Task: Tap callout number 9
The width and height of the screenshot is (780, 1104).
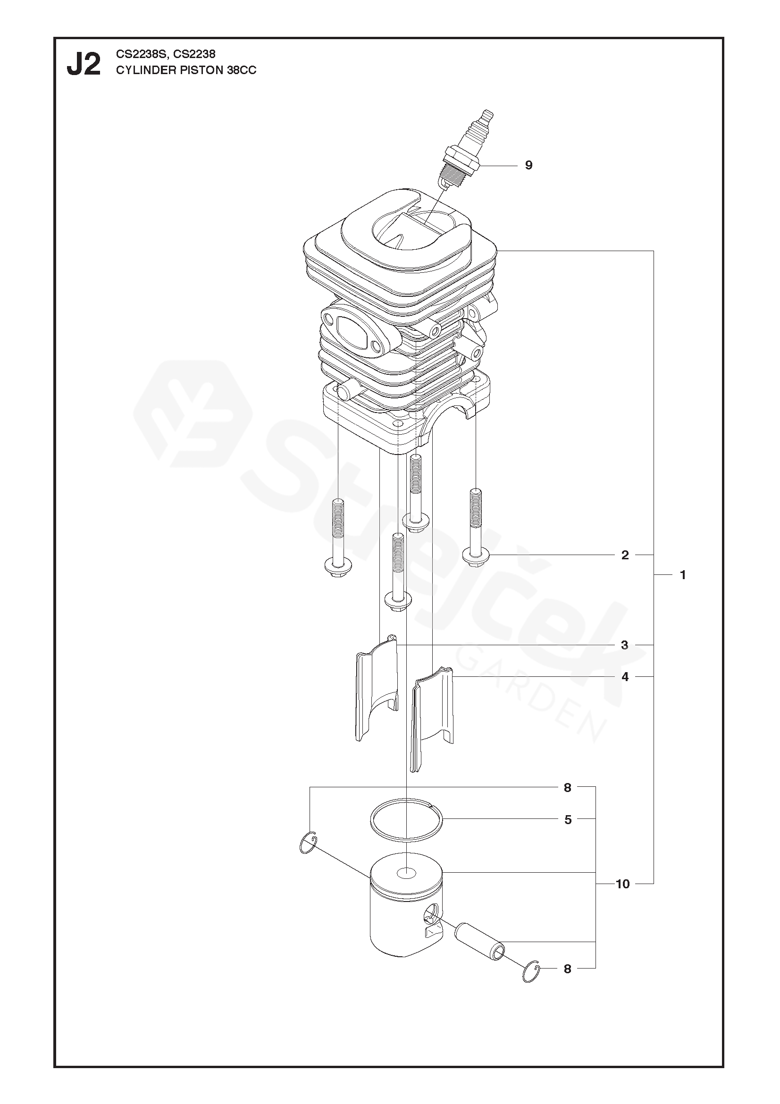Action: (528, 165)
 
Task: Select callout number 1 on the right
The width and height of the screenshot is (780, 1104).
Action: (682, 574)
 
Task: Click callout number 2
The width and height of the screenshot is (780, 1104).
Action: (625, 555)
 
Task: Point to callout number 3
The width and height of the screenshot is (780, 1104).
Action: (624, 645)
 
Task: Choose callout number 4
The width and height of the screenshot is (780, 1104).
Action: (625, 677)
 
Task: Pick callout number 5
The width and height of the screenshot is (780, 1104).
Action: (568, 819)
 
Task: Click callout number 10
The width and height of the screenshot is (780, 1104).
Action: (622, 884)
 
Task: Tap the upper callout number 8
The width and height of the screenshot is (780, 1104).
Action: (568, 787)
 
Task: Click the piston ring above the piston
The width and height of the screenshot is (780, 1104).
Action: (407, 819)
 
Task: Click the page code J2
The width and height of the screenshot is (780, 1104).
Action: (84, 65)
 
